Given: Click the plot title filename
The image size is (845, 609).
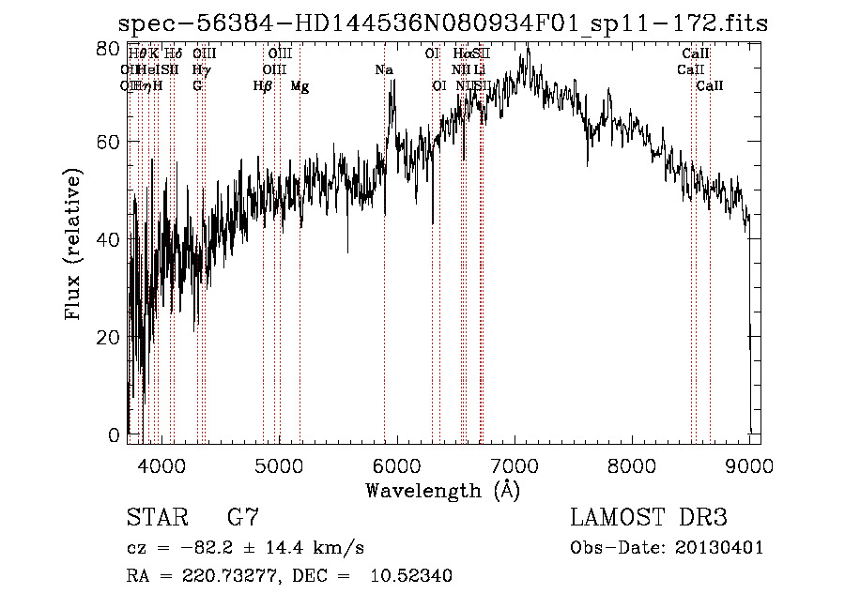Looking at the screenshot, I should point(442,24).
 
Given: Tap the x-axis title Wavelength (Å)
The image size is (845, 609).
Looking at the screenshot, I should point(442,490).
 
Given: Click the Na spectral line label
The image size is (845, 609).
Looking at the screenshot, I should point(384,70).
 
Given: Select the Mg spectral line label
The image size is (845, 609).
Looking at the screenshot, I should point(300,86).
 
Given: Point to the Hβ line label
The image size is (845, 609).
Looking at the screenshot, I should point(263,86).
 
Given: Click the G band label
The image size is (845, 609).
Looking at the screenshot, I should point(197,86).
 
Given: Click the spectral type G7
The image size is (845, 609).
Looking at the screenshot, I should point(243,518).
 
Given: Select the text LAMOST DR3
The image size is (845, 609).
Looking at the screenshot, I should point(649,518).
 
